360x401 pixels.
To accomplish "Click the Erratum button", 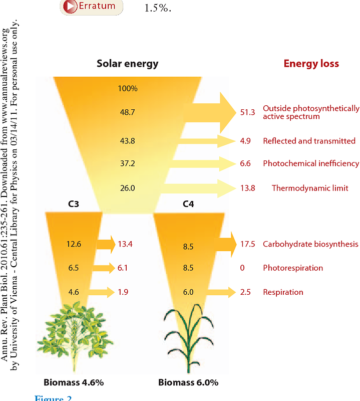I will [x=92, y=7].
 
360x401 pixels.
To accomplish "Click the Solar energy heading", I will [x=128, y=64].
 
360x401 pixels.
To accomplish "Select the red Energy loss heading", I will [x=311, y=64].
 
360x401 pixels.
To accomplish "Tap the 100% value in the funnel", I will [x=128, y=89].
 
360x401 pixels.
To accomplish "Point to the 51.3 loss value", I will [x=247, y=112].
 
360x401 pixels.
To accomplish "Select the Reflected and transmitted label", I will [x=309, y=141].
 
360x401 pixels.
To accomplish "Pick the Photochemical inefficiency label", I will [x=311, y=163].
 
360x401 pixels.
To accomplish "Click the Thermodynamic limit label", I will [x=310, y=188].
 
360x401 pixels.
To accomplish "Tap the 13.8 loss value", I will [x=247, y=188].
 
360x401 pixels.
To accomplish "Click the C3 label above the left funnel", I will [x=74, y=205].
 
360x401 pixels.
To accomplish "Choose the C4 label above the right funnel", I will [x=188, y=205].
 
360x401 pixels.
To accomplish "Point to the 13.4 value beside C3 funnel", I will [x=125, y=245].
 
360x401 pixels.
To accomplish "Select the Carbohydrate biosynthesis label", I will [x=310, y=244].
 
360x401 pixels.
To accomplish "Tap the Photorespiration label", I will [x=293, y=268].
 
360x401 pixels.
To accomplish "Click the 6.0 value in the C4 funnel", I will [x=188, y=292].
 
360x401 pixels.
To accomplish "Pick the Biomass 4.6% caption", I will [x=74, y=382].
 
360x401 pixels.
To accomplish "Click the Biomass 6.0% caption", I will [x=188, y=382].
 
